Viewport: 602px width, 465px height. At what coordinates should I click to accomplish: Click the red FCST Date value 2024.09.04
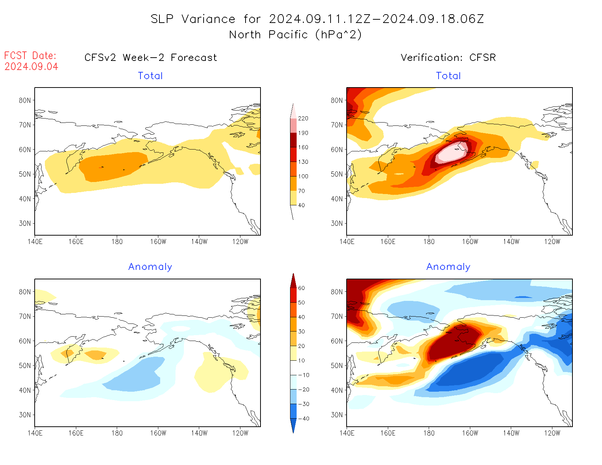[31, 67]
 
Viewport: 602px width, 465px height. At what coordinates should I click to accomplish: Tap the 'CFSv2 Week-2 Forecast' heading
[151, 58]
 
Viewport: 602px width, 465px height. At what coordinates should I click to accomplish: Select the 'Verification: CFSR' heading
[448, 58]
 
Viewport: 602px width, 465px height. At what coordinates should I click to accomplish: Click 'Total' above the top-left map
[150, 76]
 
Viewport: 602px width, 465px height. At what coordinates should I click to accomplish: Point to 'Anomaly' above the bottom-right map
[448, 267]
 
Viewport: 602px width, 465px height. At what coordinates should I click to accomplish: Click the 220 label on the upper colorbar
[303, 119]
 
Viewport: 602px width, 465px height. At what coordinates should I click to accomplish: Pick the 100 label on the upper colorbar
[303, 176]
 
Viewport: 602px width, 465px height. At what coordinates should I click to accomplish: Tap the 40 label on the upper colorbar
[301, 205]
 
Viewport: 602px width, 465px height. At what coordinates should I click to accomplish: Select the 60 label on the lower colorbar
[301, 288]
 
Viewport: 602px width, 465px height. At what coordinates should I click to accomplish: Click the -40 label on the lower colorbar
[303, 419]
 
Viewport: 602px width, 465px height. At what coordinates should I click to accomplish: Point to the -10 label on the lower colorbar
[303, 375]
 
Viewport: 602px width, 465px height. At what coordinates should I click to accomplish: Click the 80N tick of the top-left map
[25, 100]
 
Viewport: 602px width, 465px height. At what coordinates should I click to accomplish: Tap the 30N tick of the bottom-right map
[337, 415]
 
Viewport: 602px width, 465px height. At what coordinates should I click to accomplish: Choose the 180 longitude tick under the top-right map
[429, 241]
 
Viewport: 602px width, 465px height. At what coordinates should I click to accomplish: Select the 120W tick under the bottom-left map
[240, 433]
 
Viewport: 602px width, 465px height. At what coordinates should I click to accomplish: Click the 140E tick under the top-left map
[35, 241]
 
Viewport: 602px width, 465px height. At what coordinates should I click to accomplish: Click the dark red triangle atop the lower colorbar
[293, 281]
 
